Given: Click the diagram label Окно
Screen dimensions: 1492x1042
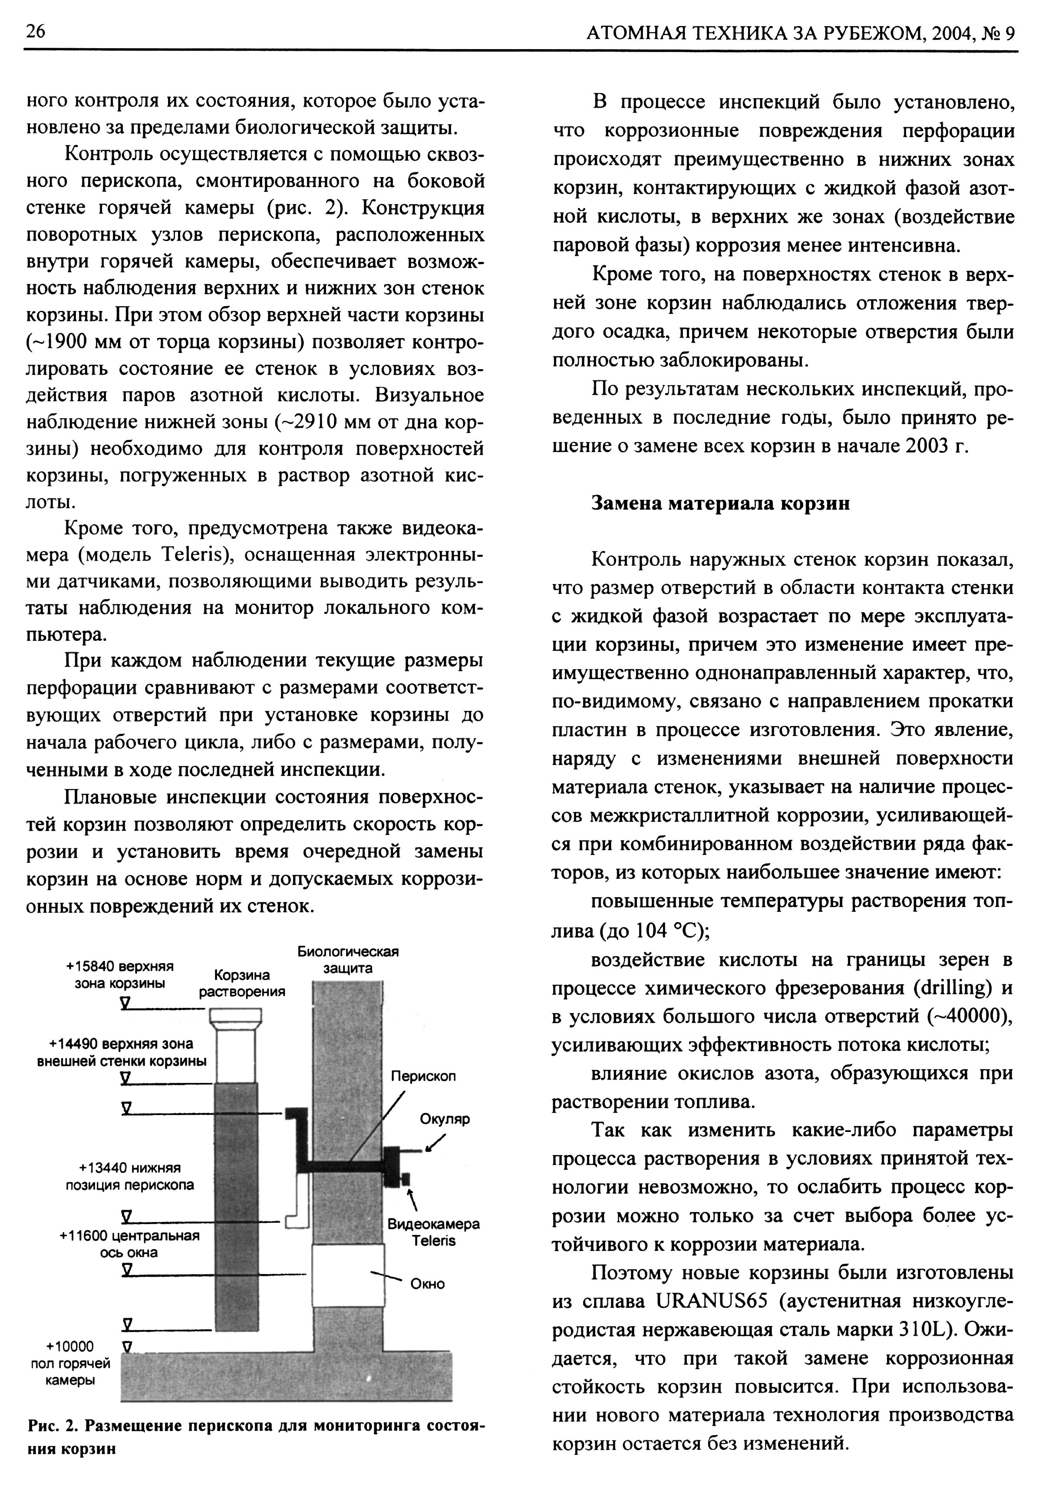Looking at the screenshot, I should [x=428, y=1284].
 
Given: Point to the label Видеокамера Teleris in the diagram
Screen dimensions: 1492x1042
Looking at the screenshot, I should [x=433, y=1232].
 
